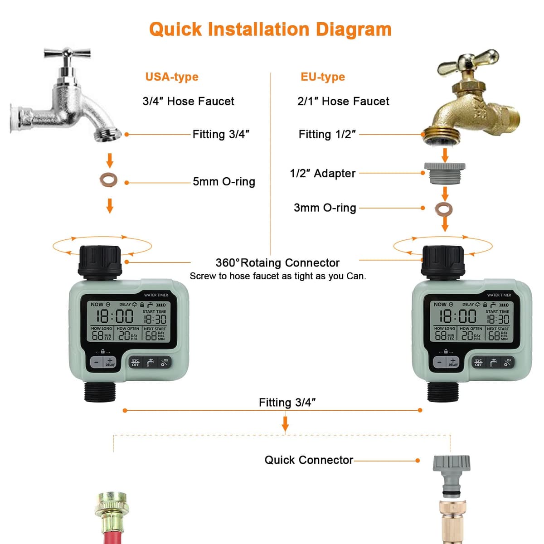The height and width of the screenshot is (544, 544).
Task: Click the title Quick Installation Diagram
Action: click(270, 29)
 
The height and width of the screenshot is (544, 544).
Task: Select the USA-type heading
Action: click(172, 77)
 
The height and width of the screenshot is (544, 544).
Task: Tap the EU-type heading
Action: click(322, 77)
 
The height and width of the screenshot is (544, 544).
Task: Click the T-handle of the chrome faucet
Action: click(67, 53)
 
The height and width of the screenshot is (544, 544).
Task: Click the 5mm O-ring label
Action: click(223, 182)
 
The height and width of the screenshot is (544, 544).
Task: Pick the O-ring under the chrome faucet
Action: click(109, 180)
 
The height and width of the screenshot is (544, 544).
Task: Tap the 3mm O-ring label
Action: click(325, 208)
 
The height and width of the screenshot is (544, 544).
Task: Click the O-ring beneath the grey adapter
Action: click(444, 209)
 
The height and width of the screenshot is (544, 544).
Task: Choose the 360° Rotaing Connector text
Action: click(277, 263)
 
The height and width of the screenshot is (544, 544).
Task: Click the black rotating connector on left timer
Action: click(100, 261)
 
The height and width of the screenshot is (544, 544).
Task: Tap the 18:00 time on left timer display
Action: click(114, 316)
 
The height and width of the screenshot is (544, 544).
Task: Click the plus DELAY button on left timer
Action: click(110, 362)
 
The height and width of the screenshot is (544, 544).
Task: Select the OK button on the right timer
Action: click(508, 362)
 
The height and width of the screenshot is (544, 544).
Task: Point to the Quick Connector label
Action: click(308, 460)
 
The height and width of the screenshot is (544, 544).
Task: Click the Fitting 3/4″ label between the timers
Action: click(287, 403)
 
